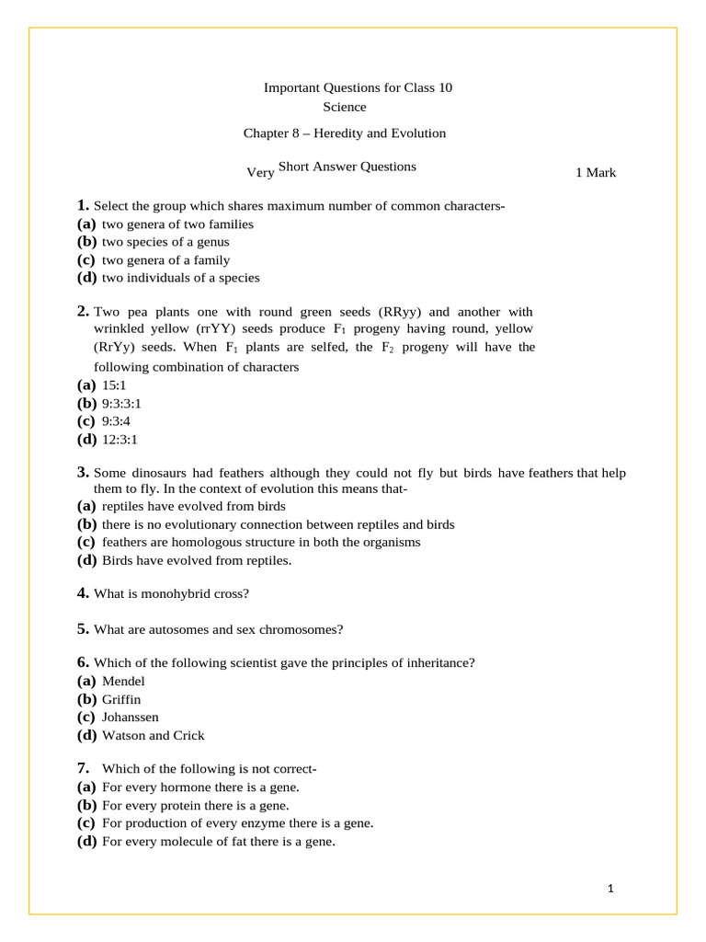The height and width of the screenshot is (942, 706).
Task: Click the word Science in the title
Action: [x=344, y=107]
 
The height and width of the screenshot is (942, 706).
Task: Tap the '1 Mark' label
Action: [x=596, y=172]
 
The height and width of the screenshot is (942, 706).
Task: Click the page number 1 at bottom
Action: [x=610, y=889]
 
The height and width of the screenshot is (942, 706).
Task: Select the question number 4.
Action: [x=83, y=593]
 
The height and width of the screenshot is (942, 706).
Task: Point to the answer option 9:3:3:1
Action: [x=121, y=403]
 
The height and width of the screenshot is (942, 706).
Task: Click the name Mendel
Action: [x=123, y=682]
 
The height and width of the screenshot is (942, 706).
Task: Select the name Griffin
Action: [x=121, y=699]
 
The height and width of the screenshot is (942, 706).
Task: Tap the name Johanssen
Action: [x=130, y=717]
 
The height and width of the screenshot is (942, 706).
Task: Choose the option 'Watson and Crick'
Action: [x=153, y=735]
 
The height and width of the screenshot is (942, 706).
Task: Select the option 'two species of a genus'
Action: [x=165, y=242]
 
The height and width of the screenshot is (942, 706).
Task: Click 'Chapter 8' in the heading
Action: [x=274, y=133]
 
